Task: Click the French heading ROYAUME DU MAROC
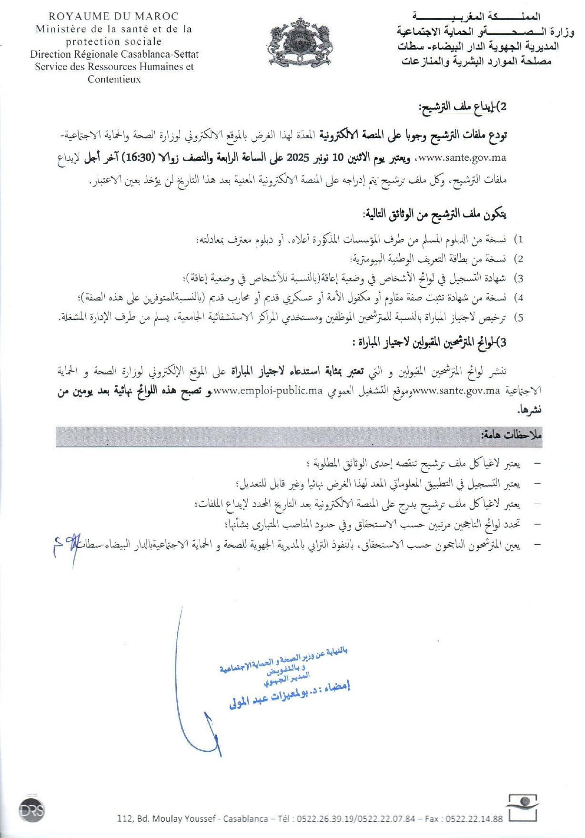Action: [x=113, y=17]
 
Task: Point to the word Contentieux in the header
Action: [x=114, y=79]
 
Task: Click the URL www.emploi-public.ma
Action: [x=268, y=391]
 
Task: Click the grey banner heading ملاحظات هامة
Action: [x=511, y=435]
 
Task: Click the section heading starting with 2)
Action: [x=462, y=107]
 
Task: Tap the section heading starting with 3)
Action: [x=429, y=342]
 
